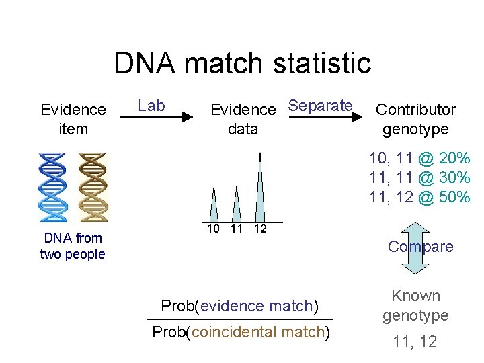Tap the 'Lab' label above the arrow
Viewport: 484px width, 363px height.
coord(151,105)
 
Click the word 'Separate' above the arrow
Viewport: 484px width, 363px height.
coord(320,105)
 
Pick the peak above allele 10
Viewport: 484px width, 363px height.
coord(214,204)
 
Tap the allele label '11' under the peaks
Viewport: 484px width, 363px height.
coord(236,229)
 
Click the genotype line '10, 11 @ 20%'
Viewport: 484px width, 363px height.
coord(419,159)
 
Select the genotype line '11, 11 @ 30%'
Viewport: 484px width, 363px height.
coord(419,178)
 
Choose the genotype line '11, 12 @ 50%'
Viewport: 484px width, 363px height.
coord(419,197)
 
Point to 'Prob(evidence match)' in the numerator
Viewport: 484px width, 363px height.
coord(239,306)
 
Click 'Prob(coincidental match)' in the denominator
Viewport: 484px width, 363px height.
coord(241,332)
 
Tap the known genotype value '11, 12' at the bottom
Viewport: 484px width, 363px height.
coord(415,341)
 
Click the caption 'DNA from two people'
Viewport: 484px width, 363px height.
coord(73,245)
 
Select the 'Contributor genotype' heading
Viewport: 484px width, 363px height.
coord(415,119)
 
